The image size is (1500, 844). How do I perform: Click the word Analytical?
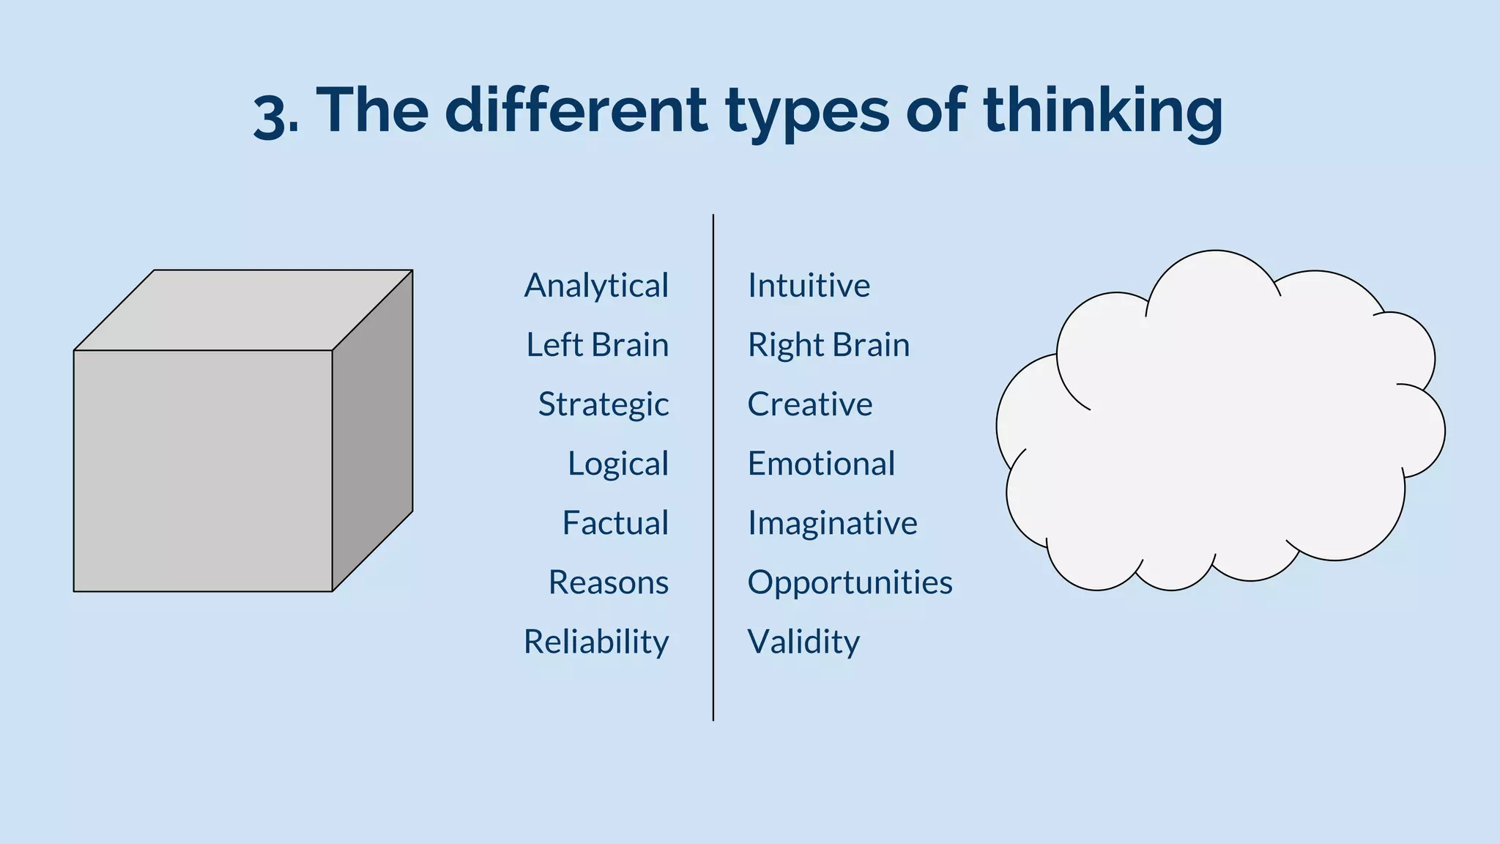[x=596, y=286]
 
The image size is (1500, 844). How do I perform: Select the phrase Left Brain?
[x=597, y=345]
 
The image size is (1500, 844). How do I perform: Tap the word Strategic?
[x=603, y=404]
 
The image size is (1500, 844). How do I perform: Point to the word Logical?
[x=617, y=464]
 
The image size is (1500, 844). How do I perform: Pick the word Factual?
[x=615, y=523]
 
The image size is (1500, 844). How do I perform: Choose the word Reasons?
[x=608, y=582]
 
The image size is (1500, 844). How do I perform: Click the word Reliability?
[x=595, y=642]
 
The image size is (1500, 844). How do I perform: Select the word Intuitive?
[x=809, y=286]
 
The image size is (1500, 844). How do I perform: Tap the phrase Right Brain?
[x=828, y=345]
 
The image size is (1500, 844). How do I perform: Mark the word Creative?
[x=809, y=404]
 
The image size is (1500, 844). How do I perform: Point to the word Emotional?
[x=821, y=464]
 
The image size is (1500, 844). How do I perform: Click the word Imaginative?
[x=832, y=523]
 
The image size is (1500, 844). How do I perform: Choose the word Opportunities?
[x=850, y=582]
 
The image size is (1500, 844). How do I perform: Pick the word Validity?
[x=803, y=642]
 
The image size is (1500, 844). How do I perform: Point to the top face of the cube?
[x=244, y=309]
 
